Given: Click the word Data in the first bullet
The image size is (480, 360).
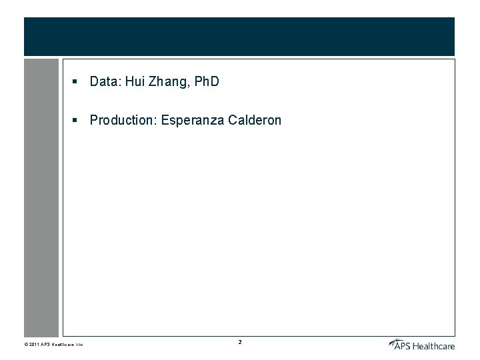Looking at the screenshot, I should click(104, 82).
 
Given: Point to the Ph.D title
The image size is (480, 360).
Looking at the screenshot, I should click(205, 82).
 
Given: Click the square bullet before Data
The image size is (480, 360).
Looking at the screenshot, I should click(77, 82).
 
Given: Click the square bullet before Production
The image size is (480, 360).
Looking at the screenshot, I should click(77, 121).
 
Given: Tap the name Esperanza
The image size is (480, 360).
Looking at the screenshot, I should click(193, 121).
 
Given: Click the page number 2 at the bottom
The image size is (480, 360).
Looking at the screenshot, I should click(240, 343).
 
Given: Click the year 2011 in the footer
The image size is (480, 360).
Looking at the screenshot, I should click(34, 345).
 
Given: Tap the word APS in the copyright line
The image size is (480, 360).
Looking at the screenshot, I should click(45, 345).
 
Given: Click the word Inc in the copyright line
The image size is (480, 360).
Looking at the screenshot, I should click(78, 345).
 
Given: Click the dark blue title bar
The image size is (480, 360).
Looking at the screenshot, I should click(239, 37).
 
